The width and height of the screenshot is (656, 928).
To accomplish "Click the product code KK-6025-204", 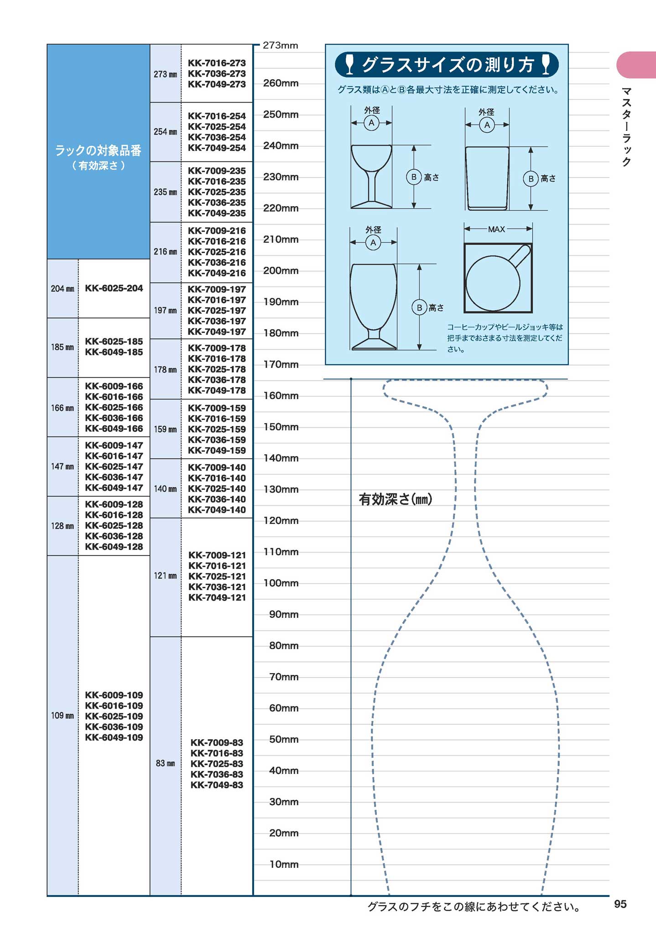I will point(114,288).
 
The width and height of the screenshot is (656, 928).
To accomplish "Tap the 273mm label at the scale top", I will point(280,46).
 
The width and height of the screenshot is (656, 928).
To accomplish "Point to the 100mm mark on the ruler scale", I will point(281,583).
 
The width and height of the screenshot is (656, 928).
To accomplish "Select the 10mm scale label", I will point(284,864).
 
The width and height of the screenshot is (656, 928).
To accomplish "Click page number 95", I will point(620,904).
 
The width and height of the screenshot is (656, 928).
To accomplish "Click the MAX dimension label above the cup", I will point(496,229).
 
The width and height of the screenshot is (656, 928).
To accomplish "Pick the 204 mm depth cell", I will point(62,289).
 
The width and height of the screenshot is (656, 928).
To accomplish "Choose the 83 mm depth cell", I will point(165,763).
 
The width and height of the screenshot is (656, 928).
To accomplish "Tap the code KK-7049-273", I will point(217,84).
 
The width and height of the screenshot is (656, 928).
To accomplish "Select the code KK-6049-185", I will point(114,352).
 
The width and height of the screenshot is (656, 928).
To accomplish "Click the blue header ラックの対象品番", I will point(98,150).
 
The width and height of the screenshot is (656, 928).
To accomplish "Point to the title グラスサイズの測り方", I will point(447,65).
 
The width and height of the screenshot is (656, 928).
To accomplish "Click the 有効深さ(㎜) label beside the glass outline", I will point(395,499).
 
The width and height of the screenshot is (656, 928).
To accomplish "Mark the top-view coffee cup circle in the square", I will point(493,283).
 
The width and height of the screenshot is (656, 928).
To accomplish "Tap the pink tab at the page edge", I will point(636,65).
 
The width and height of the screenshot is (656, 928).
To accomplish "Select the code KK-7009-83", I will point(217,743).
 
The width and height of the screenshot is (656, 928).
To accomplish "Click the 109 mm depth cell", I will point(62,715).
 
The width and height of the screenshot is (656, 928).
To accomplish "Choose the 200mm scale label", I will point(281,271).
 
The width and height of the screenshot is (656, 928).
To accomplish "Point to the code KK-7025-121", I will point(217,576).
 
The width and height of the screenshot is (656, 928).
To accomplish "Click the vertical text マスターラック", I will point(626,127).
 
